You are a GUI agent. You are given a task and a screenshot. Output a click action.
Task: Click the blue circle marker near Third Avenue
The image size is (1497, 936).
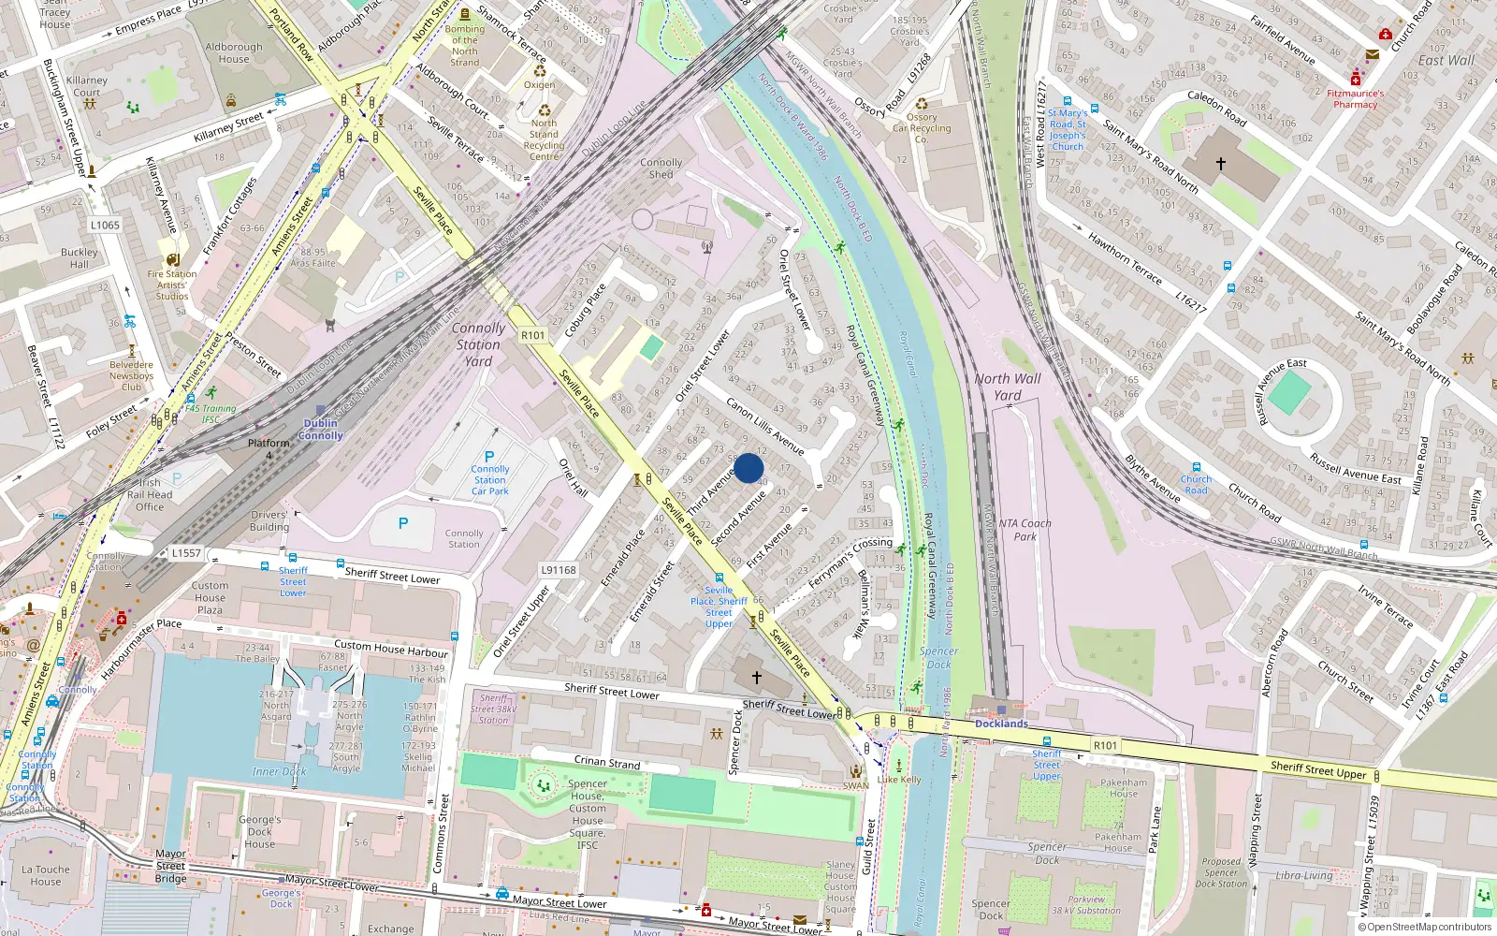(x=748, y=468)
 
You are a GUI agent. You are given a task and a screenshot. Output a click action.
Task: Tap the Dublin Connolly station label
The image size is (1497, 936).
(x=321, y=429)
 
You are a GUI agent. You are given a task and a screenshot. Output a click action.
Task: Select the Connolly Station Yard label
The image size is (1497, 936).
(x=478, y=344)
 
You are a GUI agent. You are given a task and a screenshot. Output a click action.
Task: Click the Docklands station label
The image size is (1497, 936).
(x=1001, y=724)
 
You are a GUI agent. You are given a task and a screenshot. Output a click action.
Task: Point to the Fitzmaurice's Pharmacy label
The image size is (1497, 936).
(x=1355, y=99)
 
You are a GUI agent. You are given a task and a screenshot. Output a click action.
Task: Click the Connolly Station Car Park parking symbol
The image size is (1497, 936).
(x=488, y=457)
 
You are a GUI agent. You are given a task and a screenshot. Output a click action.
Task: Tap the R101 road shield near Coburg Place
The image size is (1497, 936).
(x=532, y=335)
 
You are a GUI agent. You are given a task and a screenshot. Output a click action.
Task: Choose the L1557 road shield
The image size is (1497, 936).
(x=186, y=553)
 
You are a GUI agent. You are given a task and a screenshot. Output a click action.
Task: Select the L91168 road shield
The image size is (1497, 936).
(x=559, y=570)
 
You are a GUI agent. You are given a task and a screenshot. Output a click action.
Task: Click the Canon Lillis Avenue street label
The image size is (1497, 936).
(x=765, y=427)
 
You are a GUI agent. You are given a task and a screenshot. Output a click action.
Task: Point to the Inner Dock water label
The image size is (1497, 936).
(x=279, y=771)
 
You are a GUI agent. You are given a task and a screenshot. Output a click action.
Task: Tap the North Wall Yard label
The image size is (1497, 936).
(x=1007, y=387)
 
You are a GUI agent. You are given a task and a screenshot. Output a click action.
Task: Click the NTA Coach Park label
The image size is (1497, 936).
(x=1025, y=530)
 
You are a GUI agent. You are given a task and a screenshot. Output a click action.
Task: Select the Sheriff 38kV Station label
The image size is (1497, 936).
(x=493, y=709)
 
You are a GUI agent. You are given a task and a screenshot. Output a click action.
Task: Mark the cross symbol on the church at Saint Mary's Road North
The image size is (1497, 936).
(x=1220, y=164)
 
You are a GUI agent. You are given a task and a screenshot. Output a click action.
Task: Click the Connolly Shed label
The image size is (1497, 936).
(x=661, y=168)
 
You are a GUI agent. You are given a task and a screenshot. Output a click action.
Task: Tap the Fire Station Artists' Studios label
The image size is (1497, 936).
(x=172, y=285)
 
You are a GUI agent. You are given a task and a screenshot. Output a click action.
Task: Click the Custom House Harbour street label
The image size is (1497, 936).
(x=391, y=648)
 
